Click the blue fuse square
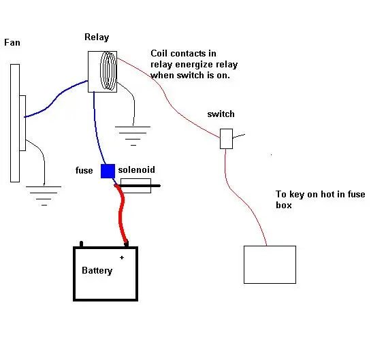pyautogui.click(x=108, y=171)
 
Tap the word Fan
pyautogui.click(x=12, y=43)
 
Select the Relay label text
pyautogui.click(x=97, y=37)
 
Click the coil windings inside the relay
pyautogui.click(x=108, y=71)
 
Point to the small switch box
pyautogui.click(x=226, y=139)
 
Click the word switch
pyautogui.click(x=221, y=114)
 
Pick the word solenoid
pyautogui.click(x=137, y=169)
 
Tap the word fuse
pyautogui.click(x=84, y=170)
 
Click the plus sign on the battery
pyautogui.click(x=122, y=258)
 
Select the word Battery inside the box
pyautogui.click(x=97, y=270)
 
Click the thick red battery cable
pyautogui.click(x=121, y=214)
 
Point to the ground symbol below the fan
pyautogui.click(x=44, y=195)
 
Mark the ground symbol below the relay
pyautogui.click(x=133, y=136)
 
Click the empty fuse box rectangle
pyautogui.click(x=270, y=265)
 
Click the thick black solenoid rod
pyautogui.click(x=139, y=186)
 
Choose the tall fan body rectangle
pyautogui.click(x=15, y=123)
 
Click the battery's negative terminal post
pyautogui.click(x=82, y=244)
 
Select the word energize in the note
pyautogui.click(x=194, y=65)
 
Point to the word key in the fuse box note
pyautogui.click(x=297, y=195)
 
